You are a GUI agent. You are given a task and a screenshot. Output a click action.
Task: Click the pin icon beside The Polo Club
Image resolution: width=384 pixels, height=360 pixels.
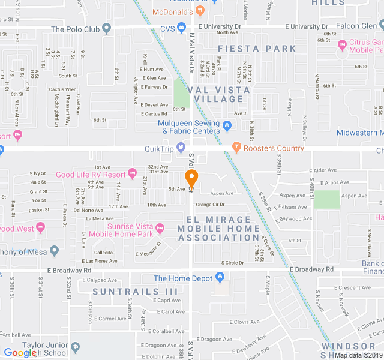107,28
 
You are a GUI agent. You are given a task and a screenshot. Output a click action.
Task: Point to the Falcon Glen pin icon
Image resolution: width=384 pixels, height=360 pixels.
382,26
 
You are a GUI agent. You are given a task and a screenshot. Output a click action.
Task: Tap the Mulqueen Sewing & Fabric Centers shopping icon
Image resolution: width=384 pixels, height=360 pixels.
226,126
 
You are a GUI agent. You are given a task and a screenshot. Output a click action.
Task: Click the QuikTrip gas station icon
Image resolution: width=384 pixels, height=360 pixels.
181,148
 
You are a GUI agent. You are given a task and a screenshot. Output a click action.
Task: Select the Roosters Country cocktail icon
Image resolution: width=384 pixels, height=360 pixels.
236,148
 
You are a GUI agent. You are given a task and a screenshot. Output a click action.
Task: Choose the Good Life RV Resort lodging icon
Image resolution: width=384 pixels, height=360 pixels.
132,175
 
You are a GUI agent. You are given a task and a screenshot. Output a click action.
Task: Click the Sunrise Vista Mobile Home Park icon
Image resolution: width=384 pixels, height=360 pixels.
160,227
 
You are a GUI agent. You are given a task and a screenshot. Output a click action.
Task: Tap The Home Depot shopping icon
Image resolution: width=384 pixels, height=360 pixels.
220,278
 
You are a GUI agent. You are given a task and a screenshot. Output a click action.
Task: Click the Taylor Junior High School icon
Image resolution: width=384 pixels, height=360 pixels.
75,347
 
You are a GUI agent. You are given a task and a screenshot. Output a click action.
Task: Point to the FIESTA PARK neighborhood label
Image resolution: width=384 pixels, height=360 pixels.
257,48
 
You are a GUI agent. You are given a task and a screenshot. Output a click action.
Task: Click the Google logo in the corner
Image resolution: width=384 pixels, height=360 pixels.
20,353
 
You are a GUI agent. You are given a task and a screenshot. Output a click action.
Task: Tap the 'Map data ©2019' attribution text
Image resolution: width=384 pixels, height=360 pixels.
358,355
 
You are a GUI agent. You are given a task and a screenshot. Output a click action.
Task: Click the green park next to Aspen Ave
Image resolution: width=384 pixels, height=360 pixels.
326,199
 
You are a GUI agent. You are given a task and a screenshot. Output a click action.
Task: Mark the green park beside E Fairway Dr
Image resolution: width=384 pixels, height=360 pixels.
181,94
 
